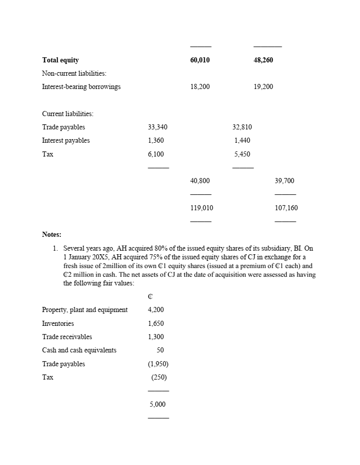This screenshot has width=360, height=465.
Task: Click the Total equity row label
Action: pos(60,60)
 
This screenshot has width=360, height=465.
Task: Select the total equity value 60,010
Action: pos(200,60)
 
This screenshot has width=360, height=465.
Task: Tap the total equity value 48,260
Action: pos(263,60)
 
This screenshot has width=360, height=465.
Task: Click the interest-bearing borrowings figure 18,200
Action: pos(200,86)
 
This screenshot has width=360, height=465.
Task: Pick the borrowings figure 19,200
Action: pos(263,86)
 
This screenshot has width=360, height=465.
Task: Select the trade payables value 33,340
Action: pos(157,127)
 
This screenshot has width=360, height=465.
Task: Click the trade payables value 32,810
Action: pos(242,127)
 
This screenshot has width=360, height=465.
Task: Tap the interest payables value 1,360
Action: pos(156,140)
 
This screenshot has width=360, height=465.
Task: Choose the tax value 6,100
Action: pos(156,154)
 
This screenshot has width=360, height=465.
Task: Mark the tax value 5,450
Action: pos(242,154)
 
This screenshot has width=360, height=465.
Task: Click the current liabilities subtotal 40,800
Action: pos(200,181)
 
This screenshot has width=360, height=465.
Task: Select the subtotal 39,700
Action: pos(285,181)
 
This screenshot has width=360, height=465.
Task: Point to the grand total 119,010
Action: pos(202,208)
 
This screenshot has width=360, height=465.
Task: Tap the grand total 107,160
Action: pos(286,208)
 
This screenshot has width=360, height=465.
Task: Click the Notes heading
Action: pos(52,235)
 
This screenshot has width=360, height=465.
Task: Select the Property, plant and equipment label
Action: pos(85,309)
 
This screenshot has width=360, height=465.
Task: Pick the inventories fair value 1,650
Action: pos(156,323)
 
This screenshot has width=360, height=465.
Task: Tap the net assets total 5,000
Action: pos(157,404)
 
